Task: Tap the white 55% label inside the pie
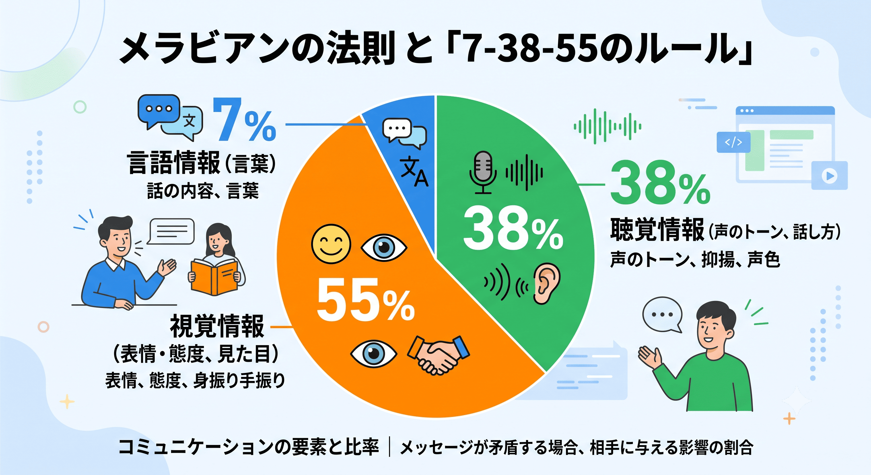pos(366,301)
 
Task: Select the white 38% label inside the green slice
pos(513,229)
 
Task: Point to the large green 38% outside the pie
pos(660,183)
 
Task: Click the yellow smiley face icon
pos(331,244)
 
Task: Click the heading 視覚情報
pos(217,326)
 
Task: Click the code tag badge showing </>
pos(733,142)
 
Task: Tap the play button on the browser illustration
pos(830,176)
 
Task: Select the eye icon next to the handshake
pos(374,353)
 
